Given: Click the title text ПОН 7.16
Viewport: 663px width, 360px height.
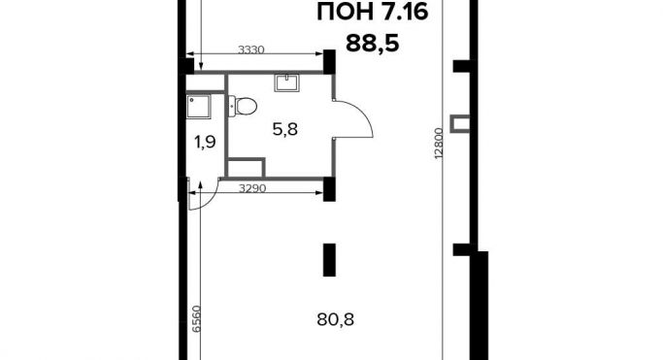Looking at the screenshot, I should (374, 14).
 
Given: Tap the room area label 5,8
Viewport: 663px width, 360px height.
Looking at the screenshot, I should (284, 127).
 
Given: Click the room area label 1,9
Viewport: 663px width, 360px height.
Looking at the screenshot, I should (205, 143).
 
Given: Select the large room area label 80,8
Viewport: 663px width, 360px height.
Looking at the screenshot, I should (335, 315).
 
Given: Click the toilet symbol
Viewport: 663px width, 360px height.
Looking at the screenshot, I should (243, 105).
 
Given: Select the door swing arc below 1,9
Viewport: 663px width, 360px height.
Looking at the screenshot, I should (201, 197).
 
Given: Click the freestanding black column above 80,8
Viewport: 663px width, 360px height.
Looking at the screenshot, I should (329, 260).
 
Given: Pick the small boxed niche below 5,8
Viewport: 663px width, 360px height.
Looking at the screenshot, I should (249, 167).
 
